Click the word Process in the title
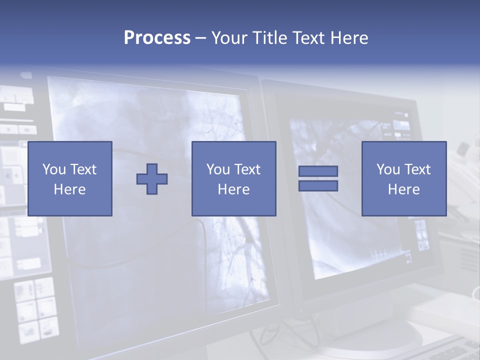(157, 38)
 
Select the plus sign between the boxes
(152, 178)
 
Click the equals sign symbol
(318, 178)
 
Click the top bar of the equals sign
(318, 171)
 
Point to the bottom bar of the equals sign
(318, 185)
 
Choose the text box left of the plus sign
(70, 178)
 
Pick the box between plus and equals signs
(233, 178)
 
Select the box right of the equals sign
(404, 178)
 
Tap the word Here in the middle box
(233, 189)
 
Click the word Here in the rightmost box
(404, 189)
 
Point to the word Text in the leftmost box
(82, 169)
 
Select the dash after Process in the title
(200, 38)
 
